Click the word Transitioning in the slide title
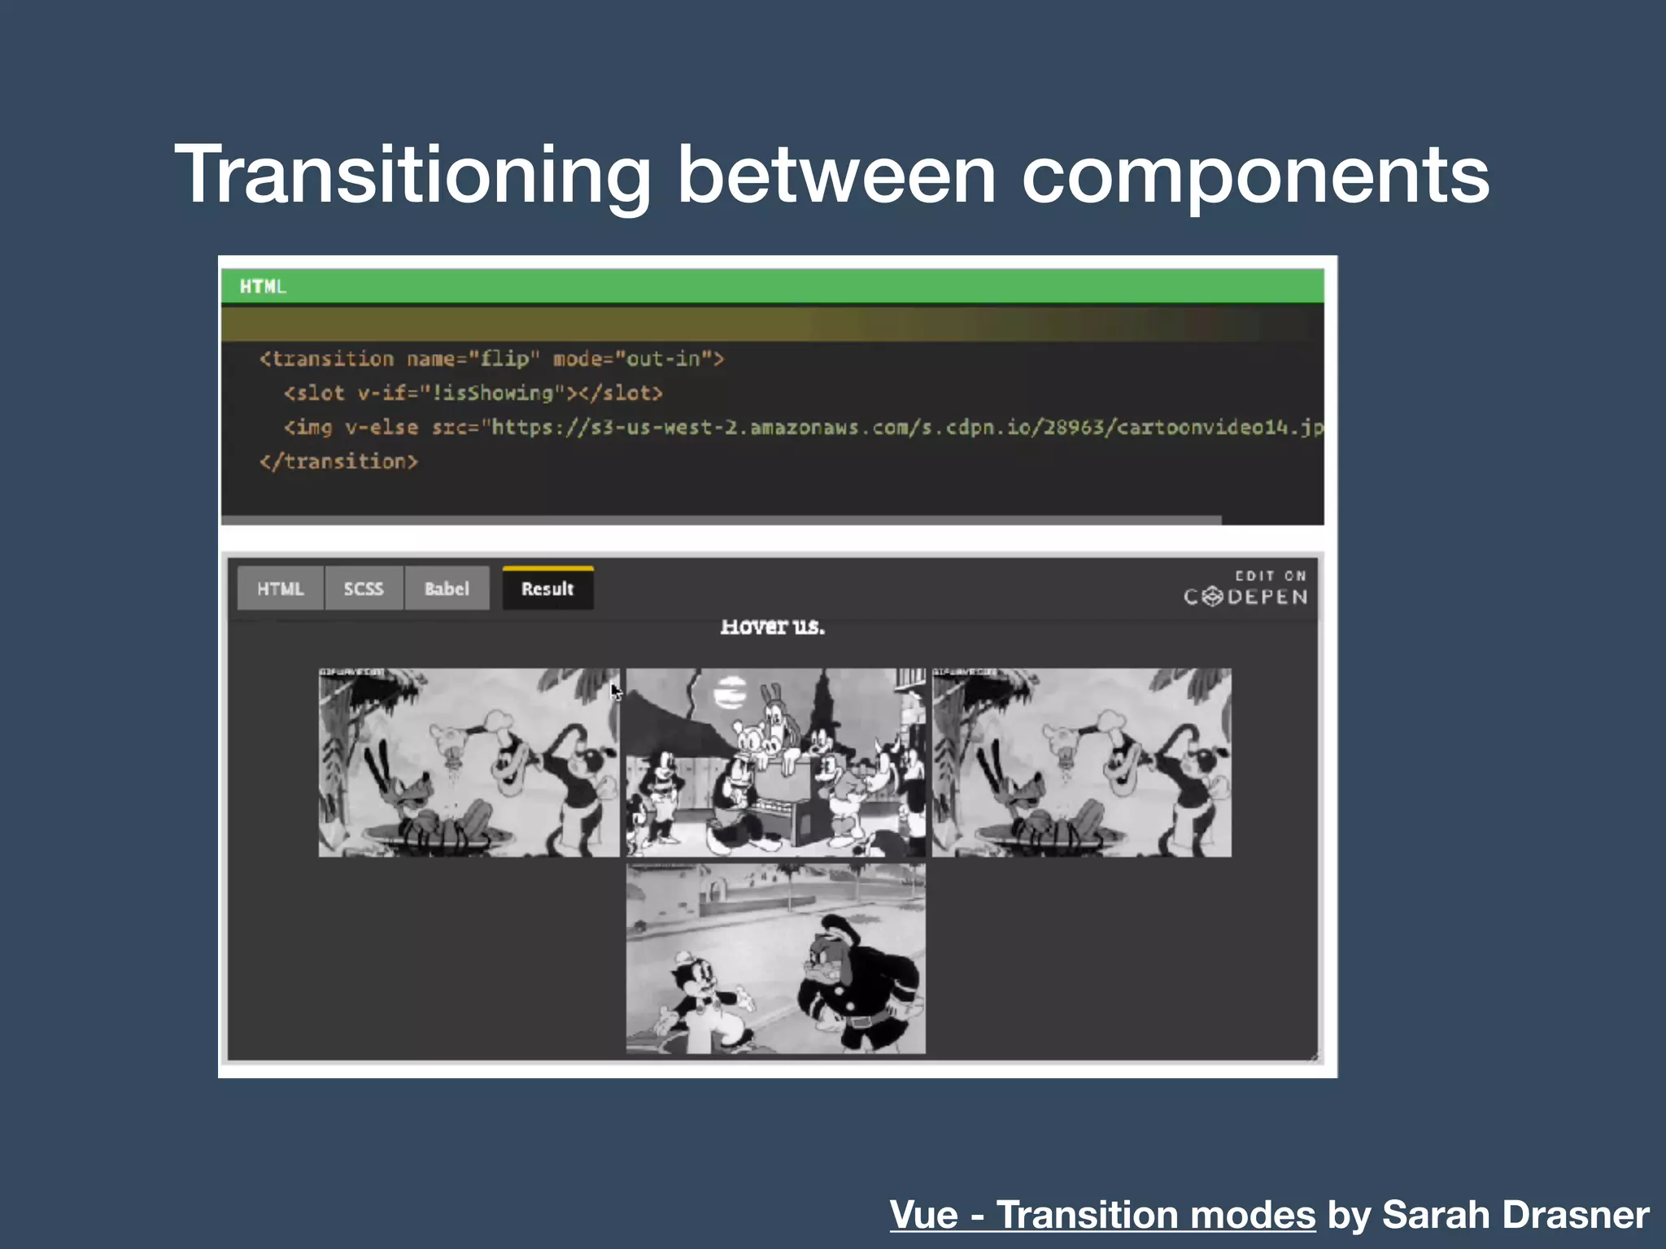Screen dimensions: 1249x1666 tap(412, 175)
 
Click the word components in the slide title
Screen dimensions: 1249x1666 tap(1255, 175)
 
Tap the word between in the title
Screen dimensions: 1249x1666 tap(836, 175)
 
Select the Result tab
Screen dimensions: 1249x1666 tap(547, 589)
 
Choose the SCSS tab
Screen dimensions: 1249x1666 tap(363, 589)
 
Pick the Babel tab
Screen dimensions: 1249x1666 tap(447, 589)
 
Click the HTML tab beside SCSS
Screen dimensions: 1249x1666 tap(281, 589)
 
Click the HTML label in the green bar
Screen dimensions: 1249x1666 tap(262, 286)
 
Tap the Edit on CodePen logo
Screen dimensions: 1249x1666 tap(1245, 588)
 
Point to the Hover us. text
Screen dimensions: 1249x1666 tap(772, 627)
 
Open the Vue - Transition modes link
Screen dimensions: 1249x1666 tap(1102, 1215)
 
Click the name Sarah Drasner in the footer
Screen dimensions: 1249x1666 tap(1516, 1215)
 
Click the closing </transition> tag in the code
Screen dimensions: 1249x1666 tap(338, 462)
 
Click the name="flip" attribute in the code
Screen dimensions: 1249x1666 tap(473, 359)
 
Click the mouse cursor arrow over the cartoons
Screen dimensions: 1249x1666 tap(616, 691)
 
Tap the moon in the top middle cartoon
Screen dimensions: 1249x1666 tap(730, 693)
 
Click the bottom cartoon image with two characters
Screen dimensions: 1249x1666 tap(775, 959)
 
